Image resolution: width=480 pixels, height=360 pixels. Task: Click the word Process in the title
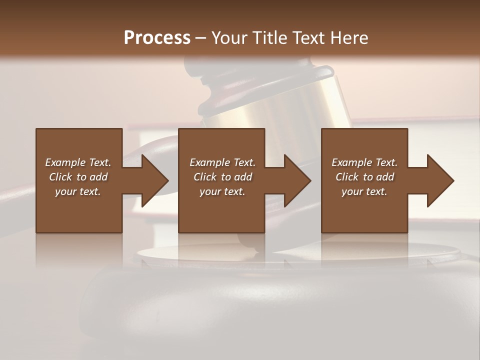tap(157, 38)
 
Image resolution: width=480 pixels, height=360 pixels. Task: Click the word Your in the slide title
tap(229, 38)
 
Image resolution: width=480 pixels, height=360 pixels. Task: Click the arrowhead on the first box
tap(154, 180)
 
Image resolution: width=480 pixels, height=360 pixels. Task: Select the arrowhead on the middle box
tap(296, 180)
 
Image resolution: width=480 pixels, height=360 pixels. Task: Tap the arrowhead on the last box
tap(439, 180)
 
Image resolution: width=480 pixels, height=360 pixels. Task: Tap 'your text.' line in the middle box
tap(222, 191)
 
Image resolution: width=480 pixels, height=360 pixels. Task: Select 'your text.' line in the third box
tap(364, 191)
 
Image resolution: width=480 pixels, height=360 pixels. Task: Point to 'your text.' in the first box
tap(77, 191)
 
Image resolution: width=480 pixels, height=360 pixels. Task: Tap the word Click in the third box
tap(347, 177)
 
